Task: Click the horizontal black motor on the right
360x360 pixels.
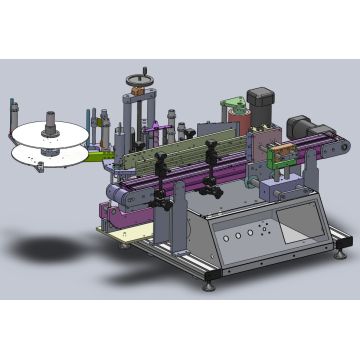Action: click(299, 124)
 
